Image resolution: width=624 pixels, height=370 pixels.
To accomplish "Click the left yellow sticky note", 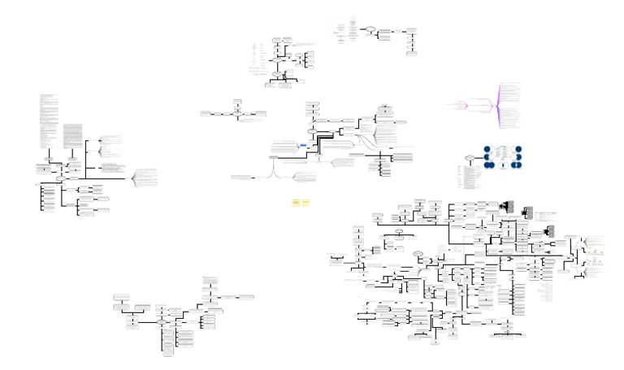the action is point(296,201).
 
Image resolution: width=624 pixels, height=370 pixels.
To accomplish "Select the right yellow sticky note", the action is point(306,201).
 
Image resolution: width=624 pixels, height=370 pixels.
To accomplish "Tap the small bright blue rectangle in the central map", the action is point(302,144).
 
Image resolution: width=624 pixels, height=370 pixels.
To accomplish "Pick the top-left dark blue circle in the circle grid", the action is point(487,150).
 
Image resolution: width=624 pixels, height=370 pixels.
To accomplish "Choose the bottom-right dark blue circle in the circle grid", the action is point(517,165).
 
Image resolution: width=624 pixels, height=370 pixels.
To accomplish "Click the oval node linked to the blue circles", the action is point(470,157).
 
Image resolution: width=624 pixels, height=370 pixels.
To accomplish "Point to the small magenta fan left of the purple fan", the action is point(461,105).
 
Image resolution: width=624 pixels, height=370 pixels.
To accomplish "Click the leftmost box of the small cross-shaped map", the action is point(206,114).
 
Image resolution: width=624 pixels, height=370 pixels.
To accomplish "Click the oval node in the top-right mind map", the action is point(370,30).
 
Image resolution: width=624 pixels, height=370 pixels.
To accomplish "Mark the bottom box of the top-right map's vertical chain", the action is point(412,54).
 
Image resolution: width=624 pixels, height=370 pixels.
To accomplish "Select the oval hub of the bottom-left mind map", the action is point(162,322).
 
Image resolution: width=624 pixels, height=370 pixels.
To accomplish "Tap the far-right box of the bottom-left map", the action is point(245,297).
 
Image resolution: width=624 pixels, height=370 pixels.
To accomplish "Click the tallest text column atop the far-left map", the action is point(48,122).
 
